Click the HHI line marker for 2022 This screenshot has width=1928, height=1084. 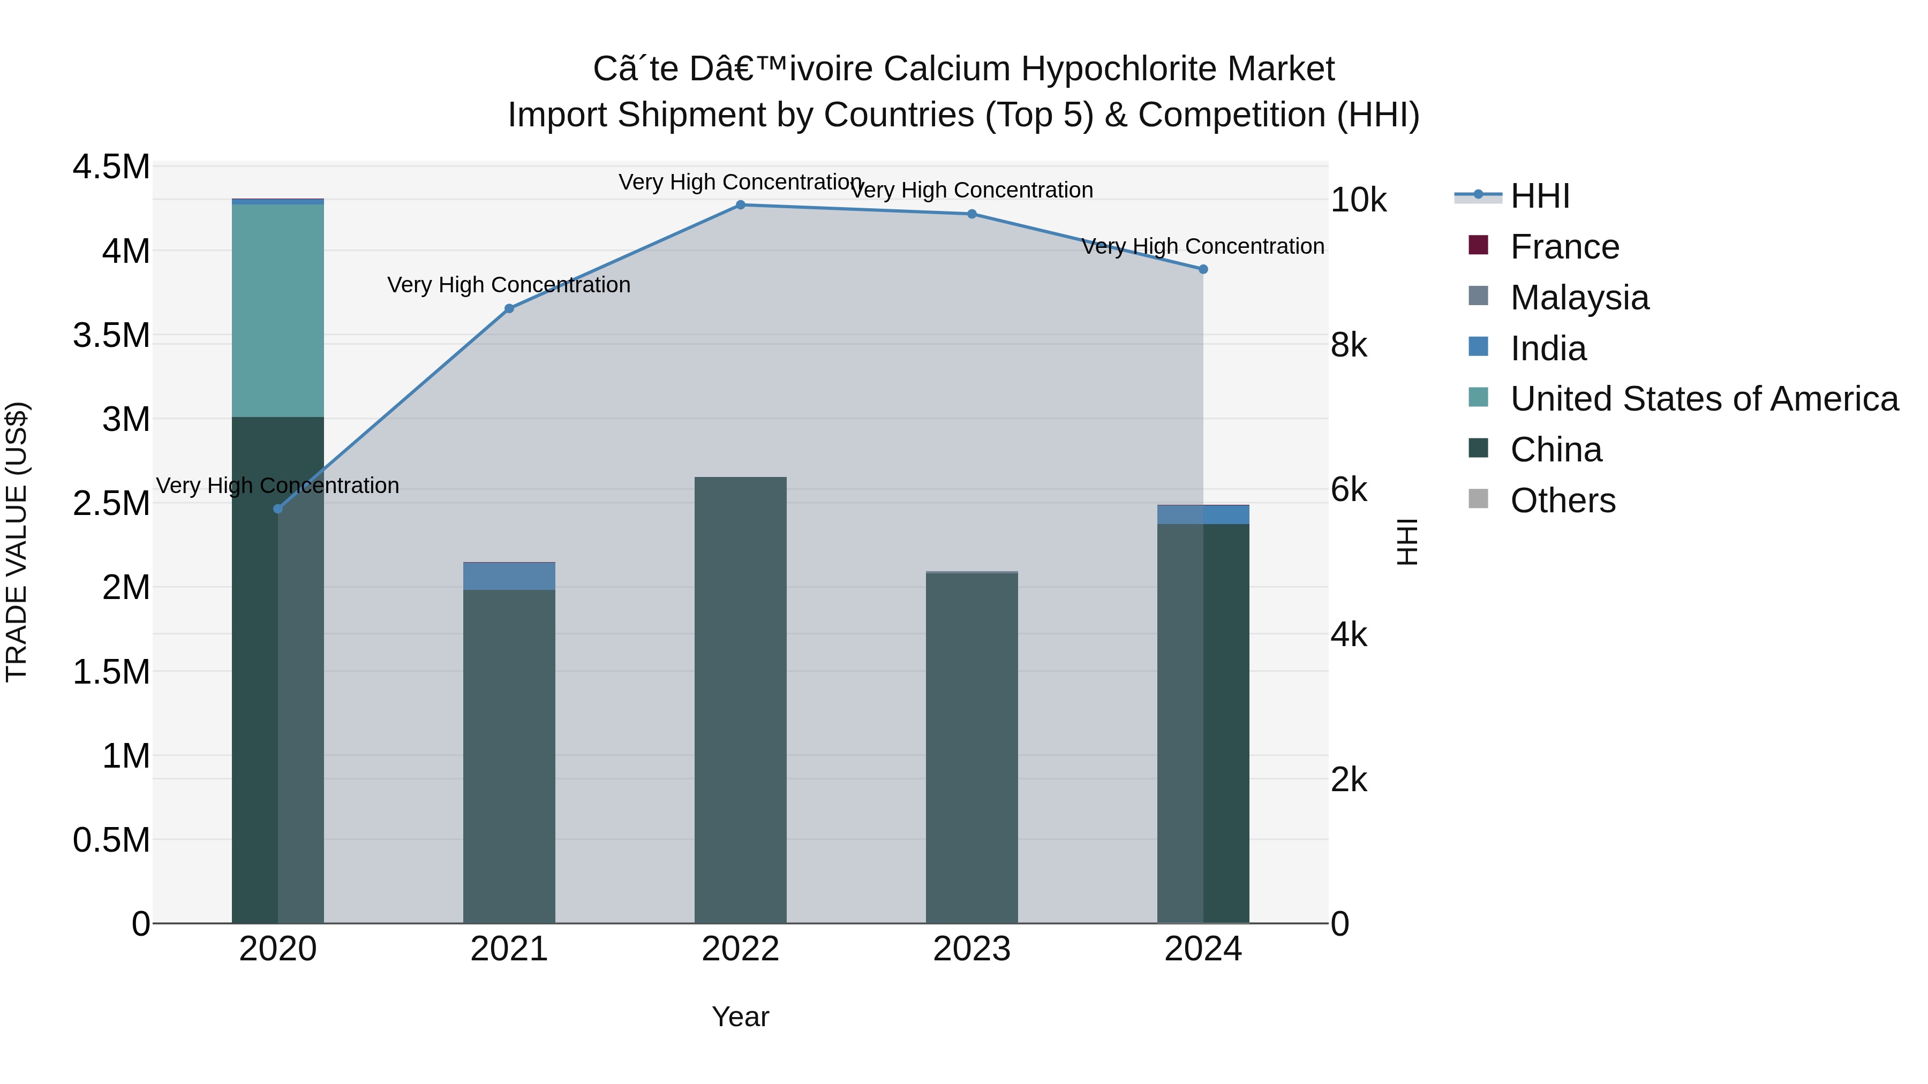coord(740,204)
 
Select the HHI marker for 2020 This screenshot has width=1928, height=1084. coord(277,509)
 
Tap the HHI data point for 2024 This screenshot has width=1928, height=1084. coord(1203,269)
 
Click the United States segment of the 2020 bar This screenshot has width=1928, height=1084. coord(277,310)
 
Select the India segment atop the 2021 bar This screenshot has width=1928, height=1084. coord(509,576)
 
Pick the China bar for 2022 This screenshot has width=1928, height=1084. coord(740,700)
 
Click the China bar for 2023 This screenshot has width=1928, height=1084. coord(971,748)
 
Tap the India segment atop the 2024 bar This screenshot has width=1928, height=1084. coord(1203,514)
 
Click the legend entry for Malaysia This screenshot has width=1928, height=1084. coord(1579,298)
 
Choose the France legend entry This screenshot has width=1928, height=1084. coord(1564,247)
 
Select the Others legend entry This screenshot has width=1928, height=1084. coord(1562,501)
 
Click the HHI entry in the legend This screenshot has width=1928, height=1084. coord(1540,196)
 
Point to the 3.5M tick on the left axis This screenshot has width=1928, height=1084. coord(111,335)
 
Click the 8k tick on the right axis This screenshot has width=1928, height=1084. coord(1349,346)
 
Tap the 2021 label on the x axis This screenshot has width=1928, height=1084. coord(509,949)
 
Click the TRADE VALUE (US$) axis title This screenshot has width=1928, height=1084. coord(17,542)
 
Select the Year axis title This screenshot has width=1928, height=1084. coord(740,1017)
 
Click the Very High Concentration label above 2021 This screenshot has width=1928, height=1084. coord(509,285)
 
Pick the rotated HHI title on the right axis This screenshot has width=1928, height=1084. coord(1407,542)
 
